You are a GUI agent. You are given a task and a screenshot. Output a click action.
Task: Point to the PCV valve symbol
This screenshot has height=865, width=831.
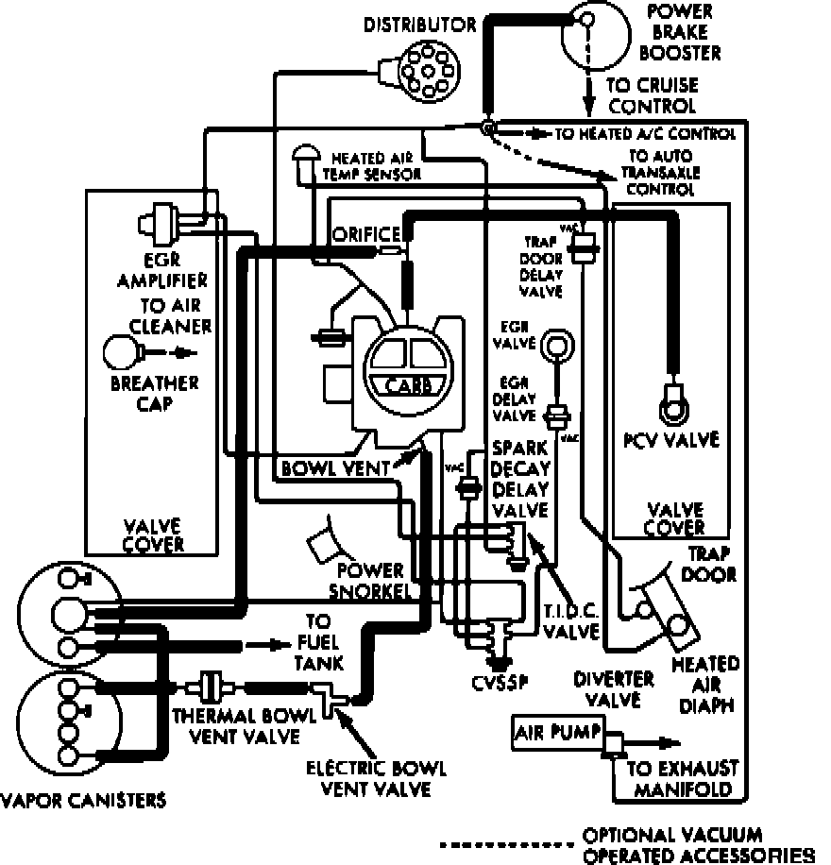[673, 404]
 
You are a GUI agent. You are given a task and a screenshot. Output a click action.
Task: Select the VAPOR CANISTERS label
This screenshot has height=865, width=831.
[83, 801]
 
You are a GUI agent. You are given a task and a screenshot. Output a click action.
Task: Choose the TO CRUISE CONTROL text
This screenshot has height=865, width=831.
[638, 97]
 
